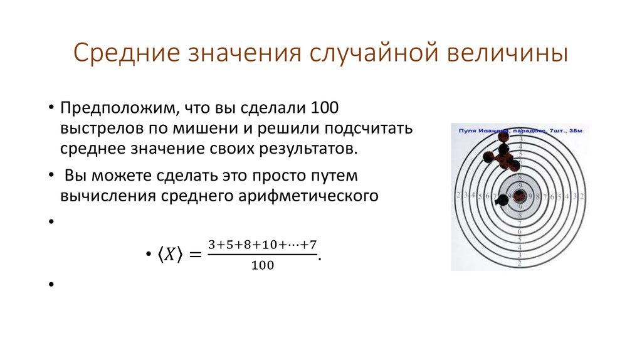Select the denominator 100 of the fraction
263,265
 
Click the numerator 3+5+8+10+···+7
263,243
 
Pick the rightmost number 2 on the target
584,196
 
